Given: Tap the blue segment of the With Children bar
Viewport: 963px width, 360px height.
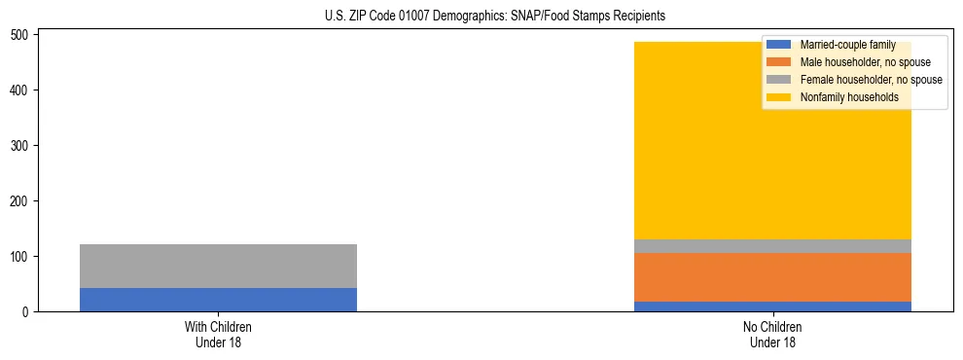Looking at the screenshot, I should coord(218,300).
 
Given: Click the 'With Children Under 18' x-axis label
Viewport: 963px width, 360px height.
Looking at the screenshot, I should coord(218,334).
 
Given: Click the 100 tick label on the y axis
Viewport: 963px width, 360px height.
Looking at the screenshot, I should coord(22,257).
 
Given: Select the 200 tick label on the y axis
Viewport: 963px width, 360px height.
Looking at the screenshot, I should coord(22,201).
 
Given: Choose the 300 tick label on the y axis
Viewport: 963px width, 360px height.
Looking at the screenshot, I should coord(22,146).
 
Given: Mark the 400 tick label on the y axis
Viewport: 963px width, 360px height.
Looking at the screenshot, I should coord(22,90).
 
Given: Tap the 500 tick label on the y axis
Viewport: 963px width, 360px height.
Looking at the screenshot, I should coord(22,35).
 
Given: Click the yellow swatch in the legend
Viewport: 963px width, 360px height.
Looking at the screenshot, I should coord(779,97).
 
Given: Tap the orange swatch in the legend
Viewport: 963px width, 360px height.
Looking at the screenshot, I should coord(779,62).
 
